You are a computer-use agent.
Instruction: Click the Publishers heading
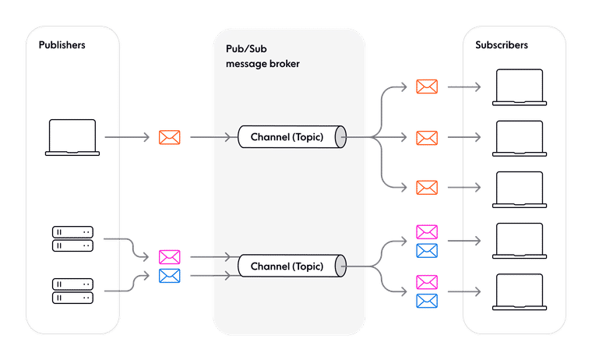[x=62, y=45]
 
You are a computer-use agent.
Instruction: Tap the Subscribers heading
[x=502, y=45]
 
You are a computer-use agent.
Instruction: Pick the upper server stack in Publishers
[x=72, y=238]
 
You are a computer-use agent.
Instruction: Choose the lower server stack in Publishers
[x=72, y=290]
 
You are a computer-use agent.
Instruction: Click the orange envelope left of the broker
[x=169, y=138]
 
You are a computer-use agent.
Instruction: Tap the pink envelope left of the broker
[x=169, y=256]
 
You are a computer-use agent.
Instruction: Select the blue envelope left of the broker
[x=169, y=276]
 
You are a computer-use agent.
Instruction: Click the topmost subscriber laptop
[x=519, y=86]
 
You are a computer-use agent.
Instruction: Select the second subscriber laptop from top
[x=519, y=138]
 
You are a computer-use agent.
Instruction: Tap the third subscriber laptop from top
[x=519, y=189]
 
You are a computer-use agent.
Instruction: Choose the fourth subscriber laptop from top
[x=519, y=241]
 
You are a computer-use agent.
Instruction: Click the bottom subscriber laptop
[x=519, y=291]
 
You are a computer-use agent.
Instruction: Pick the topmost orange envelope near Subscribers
[x=426, y=86]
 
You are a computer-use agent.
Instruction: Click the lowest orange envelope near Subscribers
[x=426, y=188]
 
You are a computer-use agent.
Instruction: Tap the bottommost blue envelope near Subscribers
[x=426, y=301]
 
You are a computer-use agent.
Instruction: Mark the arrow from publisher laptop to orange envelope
[x=128, y=138]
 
